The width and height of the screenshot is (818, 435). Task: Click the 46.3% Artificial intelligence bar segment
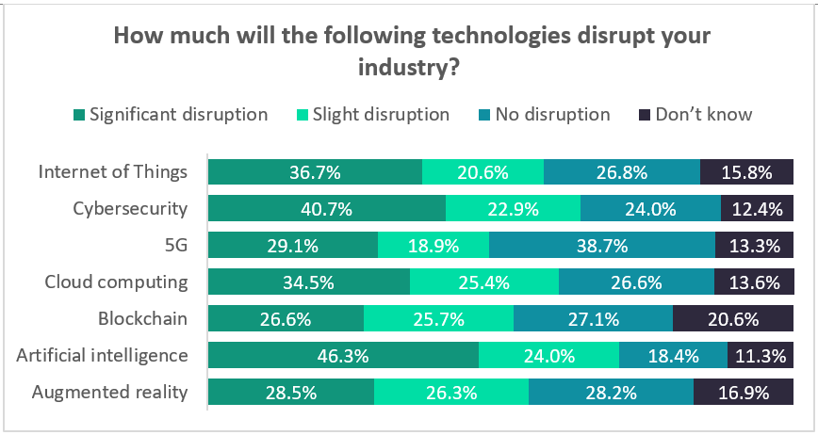point(343,356)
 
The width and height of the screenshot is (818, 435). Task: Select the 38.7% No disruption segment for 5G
point(602,246)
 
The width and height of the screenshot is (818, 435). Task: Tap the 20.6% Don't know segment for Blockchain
point(732,319)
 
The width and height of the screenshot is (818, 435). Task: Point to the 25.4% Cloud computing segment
point(484,282)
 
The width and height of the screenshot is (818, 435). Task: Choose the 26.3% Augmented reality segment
point(451,393)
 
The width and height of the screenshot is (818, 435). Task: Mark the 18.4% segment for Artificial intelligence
point(673,356)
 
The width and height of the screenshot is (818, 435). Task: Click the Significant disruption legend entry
point(172,115)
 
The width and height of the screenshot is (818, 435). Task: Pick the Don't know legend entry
point(695,115)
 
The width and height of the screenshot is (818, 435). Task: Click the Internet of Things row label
point(113,172)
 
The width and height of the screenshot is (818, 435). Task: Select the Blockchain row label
point(143,319)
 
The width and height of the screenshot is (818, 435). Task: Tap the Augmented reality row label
point(110,393)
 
